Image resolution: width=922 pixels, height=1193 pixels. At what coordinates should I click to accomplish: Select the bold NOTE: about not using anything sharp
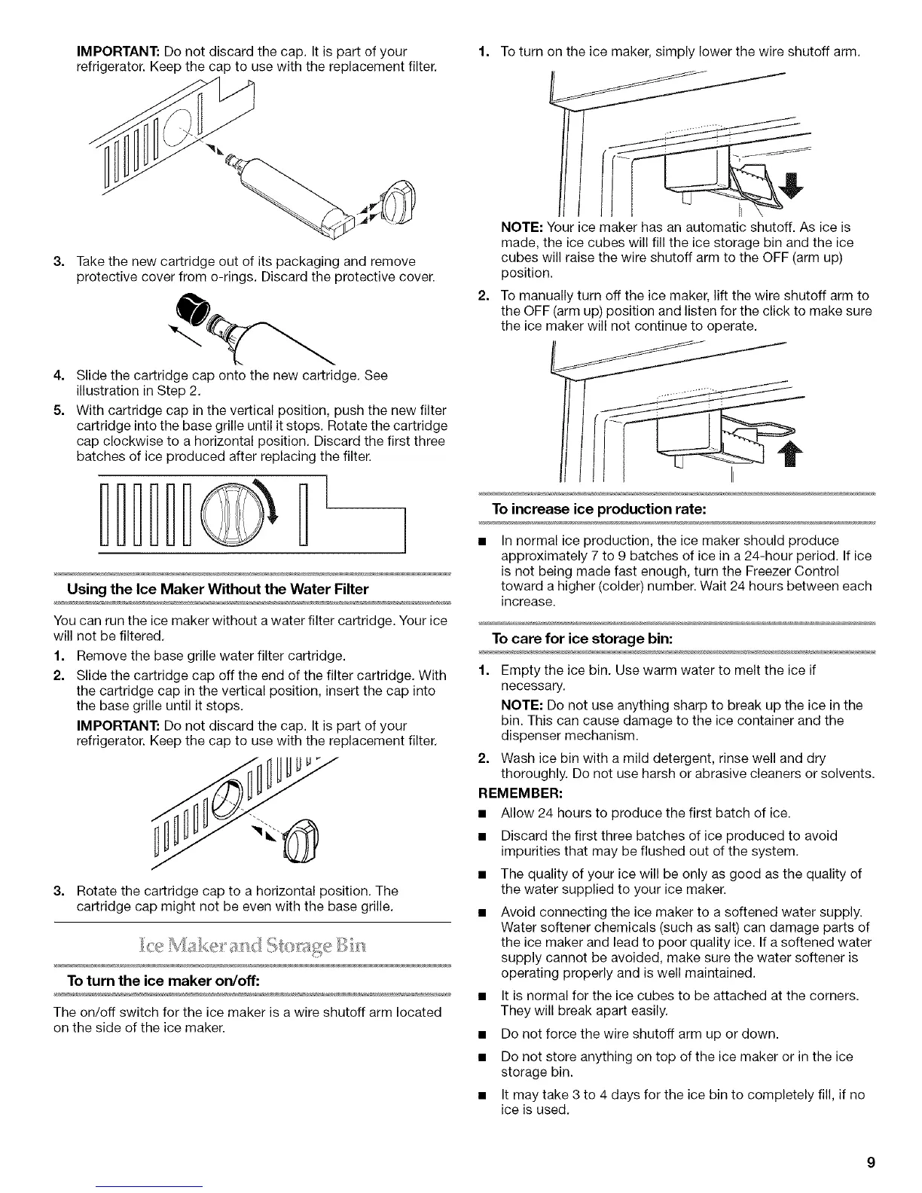523,705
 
